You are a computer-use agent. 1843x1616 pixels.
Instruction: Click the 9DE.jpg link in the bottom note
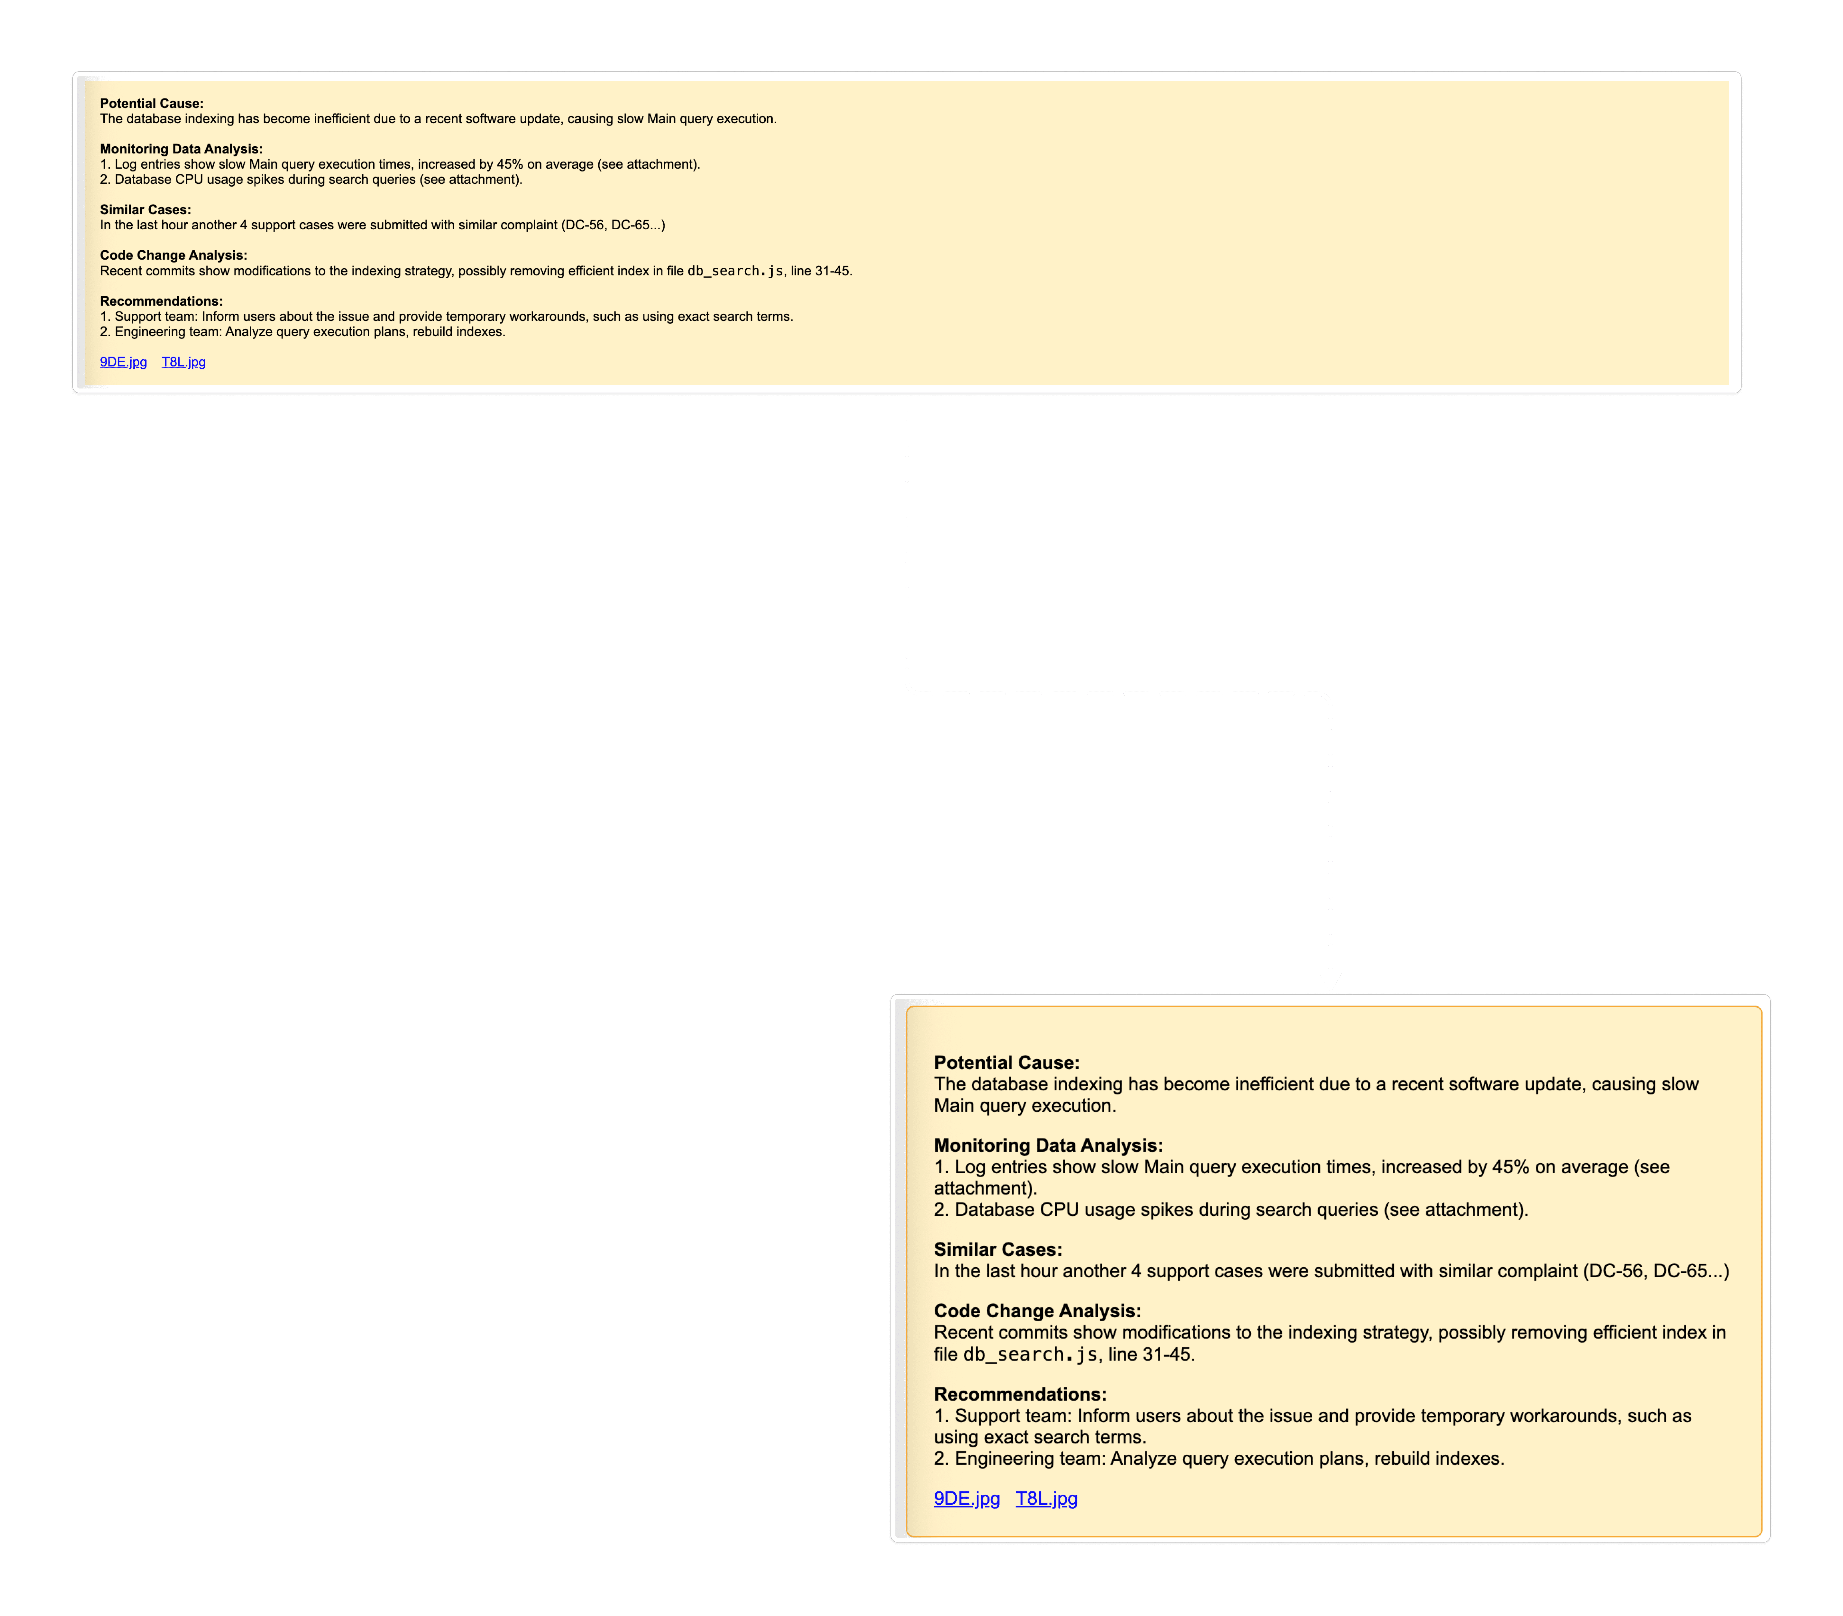point(967,1498)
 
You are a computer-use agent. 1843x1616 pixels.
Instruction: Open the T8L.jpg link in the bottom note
point(1046,1498)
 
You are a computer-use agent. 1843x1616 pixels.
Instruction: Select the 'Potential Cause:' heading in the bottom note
point(1006,1062)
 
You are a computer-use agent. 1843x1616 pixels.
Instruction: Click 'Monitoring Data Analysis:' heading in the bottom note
point(1048,1145)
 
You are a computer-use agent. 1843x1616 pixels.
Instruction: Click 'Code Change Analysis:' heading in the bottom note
point(1037,1310)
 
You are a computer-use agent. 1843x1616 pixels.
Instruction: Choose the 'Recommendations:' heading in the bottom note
point(1020,1393)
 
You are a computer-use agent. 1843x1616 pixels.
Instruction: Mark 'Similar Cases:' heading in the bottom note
point(997,1249)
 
